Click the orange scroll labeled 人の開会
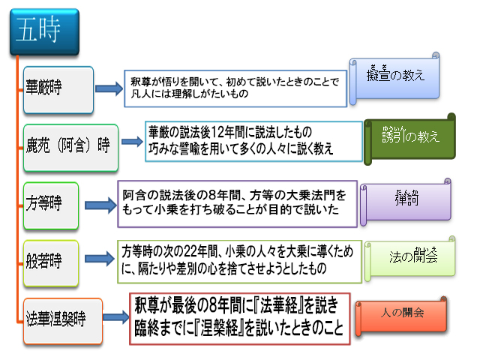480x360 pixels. click(406, 312)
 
